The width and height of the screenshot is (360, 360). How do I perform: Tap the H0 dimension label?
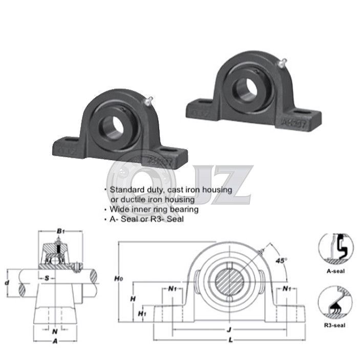click(119, 279)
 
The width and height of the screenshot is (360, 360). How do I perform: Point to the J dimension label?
click(228, 330)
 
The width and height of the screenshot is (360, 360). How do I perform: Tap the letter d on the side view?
click(7, 283)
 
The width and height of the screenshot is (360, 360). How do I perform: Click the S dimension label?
click(48, 278)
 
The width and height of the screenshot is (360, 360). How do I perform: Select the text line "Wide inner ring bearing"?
click(154, 209)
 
